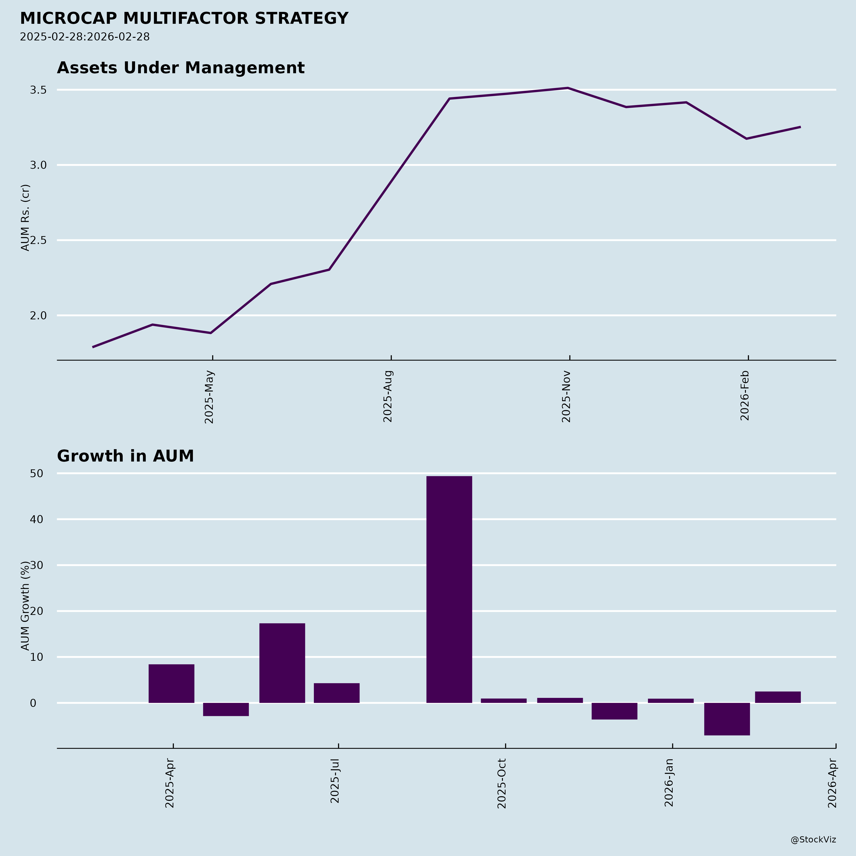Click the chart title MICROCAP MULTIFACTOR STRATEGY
coord(184,19)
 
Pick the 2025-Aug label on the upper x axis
coord(388,397)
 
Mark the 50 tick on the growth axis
coord(37,474)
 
